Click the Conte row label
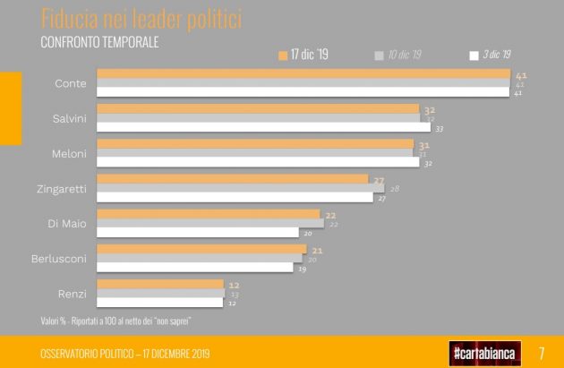pos(71,83)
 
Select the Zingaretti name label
pos(62,188)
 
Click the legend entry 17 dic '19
pos(303,56)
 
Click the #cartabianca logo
pos(487,352)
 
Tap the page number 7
pos(542,352)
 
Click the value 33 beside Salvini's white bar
pos(440,129)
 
